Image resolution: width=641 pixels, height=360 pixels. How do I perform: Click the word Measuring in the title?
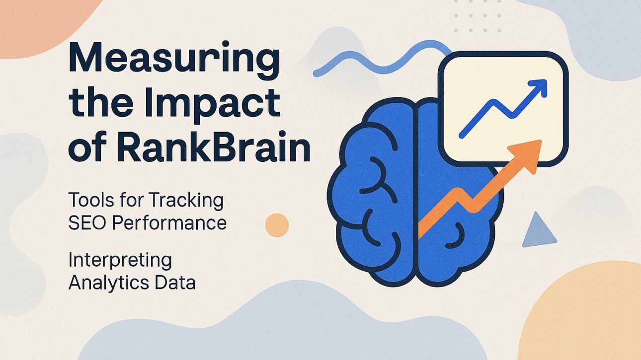(x=173, y=61)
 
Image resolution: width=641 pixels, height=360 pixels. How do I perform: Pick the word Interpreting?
(x=120, y=261)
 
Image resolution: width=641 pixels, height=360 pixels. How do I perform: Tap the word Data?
(x=174, y=282)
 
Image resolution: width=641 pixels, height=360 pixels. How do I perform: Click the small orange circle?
(x=277, y=224)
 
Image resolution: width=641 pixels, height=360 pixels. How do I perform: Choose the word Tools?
(x=87, y=201)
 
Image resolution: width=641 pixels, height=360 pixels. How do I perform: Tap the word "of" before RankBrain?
(x=84, y=147)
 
